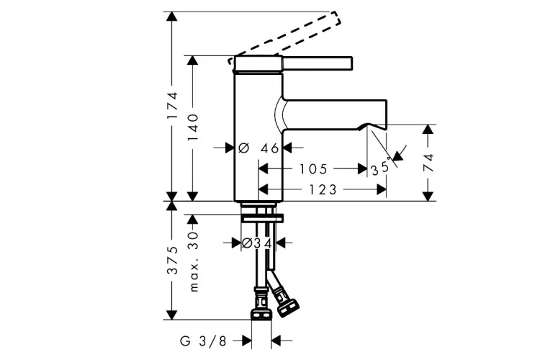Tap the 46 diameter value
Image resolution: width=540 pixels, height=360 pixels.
click(x=269, y=148)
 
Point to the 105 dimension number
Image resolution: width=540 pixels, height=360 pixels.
click(x=313, y=169)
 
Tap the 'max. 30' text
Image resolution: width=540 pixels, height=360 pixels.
click(x=194, y=261)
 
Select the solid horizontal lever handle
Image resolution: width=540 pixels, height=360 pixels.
click(x=317, y=63)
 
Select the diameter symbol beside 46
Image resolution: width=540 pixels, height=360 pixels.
click(x=243, y=148)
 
